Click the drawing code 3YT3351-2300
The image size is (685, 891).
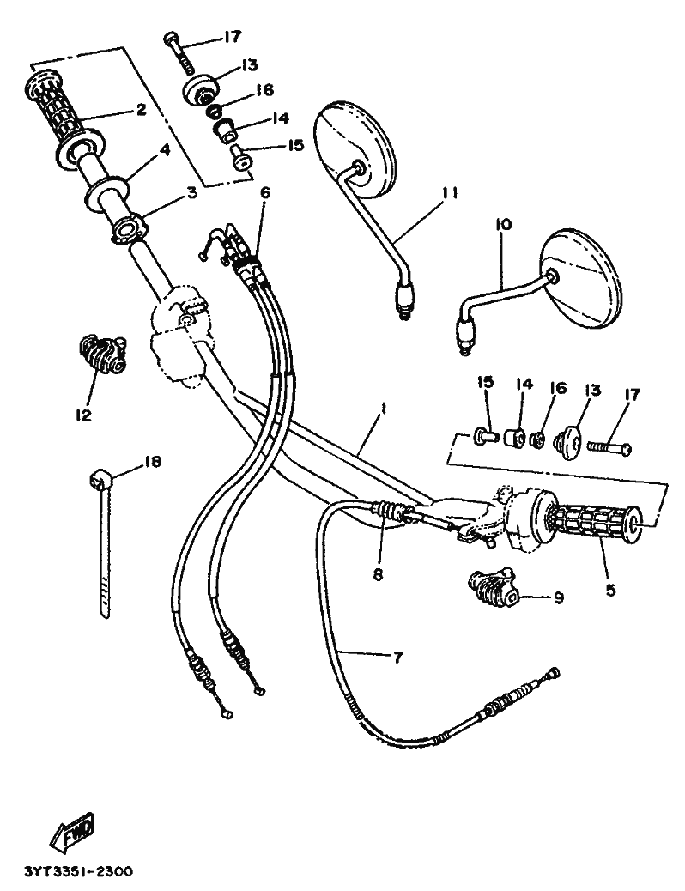coord(78,871)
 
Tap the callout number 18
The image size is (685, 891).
coord(151,461)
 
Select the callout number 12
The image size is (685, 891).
coord(83,415)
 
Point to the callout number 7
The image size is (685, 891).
coord(397,658)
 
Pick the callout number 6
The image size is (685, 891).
coord(265,192)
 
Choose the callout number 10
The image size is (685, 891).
coord(504,224)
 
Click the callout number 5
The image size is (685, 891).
coord(610,591)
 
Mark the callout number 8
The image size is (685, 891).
coord(378,574)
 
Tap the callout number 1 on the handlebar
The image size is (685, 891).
coord(384,408)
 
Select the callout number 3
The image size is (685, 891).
coord(192,192)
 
